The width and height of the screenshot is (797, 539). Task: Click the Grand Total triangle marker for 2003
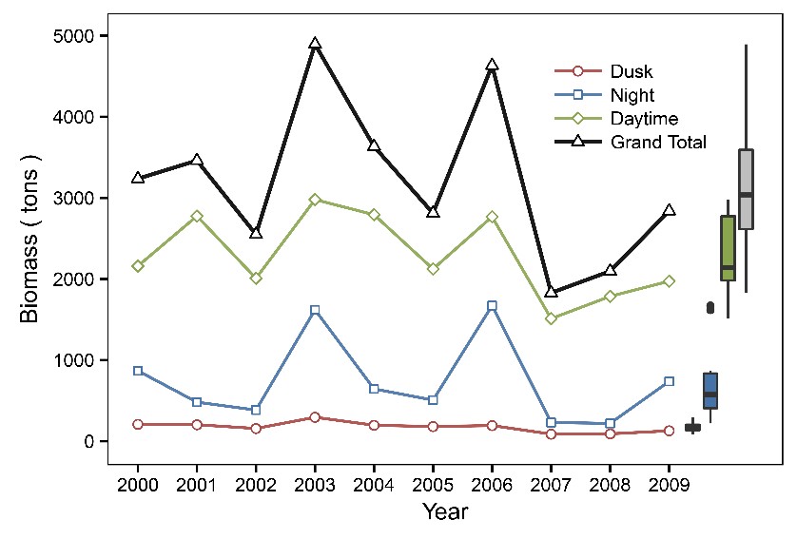pyautogui.click(x=315, y=44)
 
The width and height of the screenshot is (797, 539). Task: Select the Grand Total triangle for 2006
pyautogui.click(x=492, y=65)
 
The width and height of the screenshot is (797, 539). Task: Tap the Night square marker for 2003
pyautogui.click(x=315, y=310)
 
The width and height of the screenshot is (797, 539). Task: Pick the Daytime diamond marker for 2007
pyautogui.click(x=551, y=318)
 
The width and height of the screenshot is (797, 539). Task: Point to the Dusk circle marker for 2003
pyautogui.click(x=315, y=417)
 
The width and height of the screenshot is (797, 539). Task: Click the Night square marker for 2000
pyautogui.click(x=138, y=371)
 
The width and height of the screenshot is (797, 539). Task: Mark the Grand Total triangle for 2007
pyautogui.click(x=551, y=292)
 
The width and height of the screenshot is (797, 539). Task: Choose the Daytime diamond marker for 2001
pyautogui.click(x=197, y=216)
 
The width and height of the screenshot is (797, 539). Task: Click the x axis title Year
pyautogui.click(x=445, y=511)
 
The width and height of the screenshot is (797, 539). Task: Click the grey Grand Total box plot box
pyautogui.click(x=746, y=188)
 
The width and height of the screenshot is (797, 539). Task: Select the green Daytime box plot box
pyautogui.click(x=728, y=247)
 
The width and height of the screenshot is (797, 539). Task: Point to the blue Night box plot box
pyautogui.click(x=710, y=390)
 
